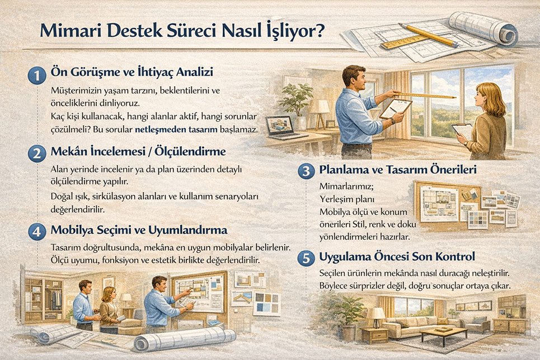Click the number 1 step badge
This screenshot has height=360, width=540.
coord(36,76)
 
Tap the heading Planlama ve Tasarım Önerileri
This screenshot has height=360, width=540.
coord(397,170)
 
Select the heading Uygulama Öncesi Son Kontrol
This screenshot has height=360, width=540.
coord(397,257)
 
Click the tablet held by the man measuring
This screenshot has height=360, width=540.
coord(395,108)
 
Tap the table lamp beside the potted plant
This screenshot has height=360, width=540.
coord(321,107)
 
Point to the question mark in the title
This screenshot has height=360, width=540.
coord(320,31)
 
